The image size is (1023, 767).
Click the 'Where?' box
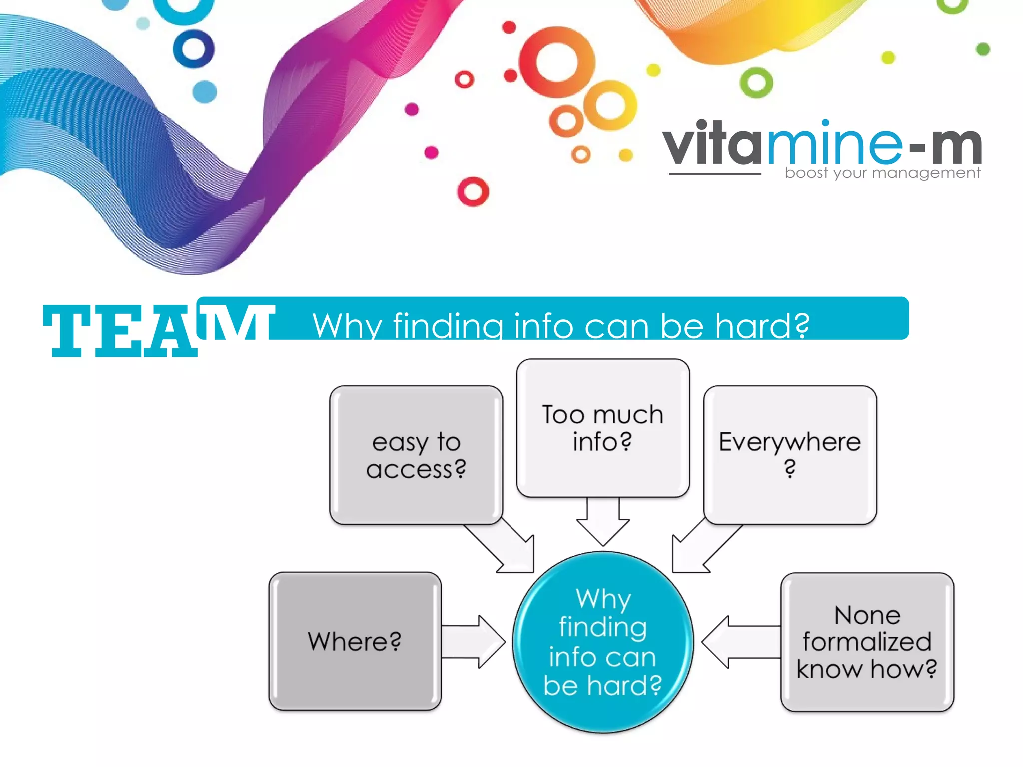point(355,641)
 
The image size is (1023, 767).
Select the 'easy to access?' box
point(416,455)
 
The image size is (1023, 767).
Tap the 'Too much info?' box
point(603,428)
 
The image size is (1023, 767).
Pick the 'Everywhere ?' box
point(790,455)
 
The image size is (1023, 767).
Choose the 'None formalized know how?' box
point(867,642)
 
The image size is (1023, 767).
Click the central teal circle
point(603,642)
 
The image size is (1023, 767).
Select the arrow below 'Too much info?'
point(603,522)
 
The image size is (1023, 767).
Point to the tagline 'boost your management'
point(882,173)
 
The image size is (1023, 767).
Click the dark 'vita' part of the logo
point(711,145)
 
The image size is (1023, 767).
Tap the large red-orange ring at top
point(556,63)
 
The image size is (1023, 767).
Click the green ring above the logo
point(756,83)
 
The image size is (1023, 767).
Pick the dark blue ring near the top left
point(194,49)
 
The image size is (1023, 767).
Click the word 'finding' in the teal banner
point(448,326)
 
